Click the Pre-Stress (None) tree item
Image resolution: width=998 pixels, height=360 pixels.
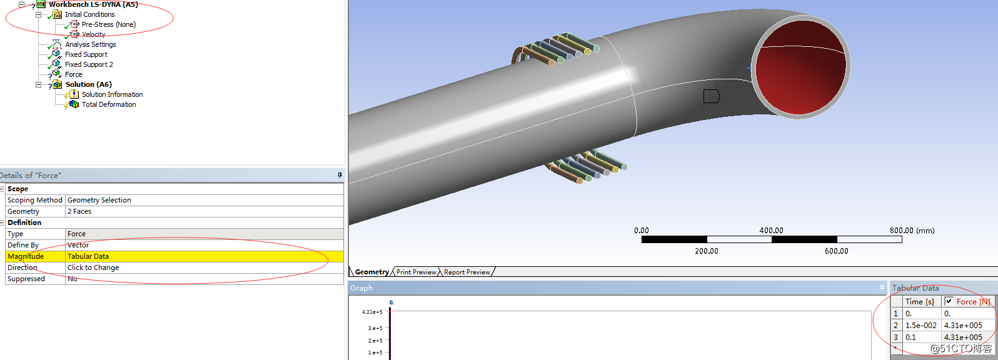coord(108,24)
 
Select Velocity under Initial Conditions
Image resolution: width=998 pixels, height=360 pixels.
coord(93,34)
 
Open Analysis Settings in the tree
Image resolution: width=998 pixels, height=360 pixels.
coord(90,44)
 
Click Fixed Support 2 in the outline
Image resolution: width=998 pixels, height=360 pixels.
coord(89,64)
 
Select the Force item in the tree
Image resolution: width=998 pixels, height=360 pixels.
coord(73,74)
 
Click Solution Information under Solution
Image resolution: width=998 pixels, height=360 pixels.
coord(112,94)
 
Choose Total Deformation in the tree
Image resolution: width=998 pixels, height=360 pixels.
coord(108,104)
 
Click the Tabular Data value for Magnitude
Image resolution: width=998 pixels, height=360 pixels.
coord(88,256)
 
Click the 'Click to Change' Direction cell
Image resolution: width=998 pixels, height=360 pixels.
coord(93,267)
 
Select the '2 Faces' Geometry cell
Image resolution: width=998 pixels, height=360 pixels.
coord(79,211)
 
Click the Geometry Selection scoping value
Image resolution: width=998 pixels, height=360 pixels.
coord(99,200)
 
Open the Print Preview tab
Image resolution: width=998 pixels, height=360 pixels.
coord(416,272)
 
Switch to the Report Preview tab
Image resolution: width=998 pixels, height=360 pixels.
coord(466,272)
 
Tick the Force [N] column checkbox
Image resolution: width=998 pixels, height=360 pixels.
coord(949,301)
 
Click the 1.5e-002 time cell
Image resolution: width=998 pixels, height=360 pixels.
coord(920,326)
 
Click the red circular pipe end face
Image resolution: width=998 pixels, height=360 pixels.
coord(800,66)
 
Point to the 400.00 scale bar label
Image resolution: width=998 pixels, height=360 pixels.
coord(771,231)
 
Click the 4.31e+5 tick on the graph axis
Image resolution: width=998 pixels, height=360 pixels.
coord(372,312)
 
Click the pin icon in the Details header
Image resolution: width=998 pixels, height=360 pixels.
coord(340,175)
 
